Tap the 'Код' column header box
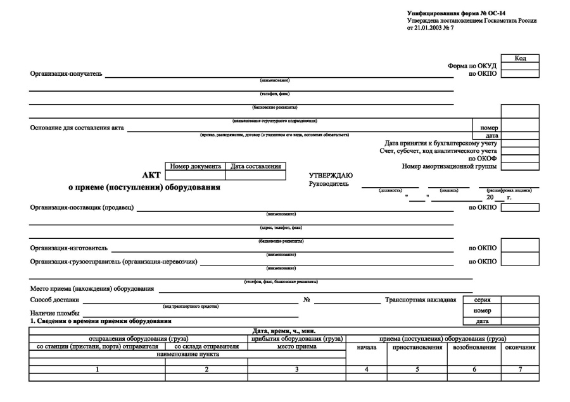point(520,58)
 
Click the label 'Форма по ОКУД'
point(472,66)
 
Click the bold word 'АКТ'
point(152,175)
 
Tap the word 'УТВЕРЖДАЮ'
point(331,175)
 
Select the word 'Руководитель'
point(329,183)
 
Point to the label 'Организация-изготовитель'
point(69,248)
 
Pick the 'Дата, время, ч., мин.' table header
point(284,331)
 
